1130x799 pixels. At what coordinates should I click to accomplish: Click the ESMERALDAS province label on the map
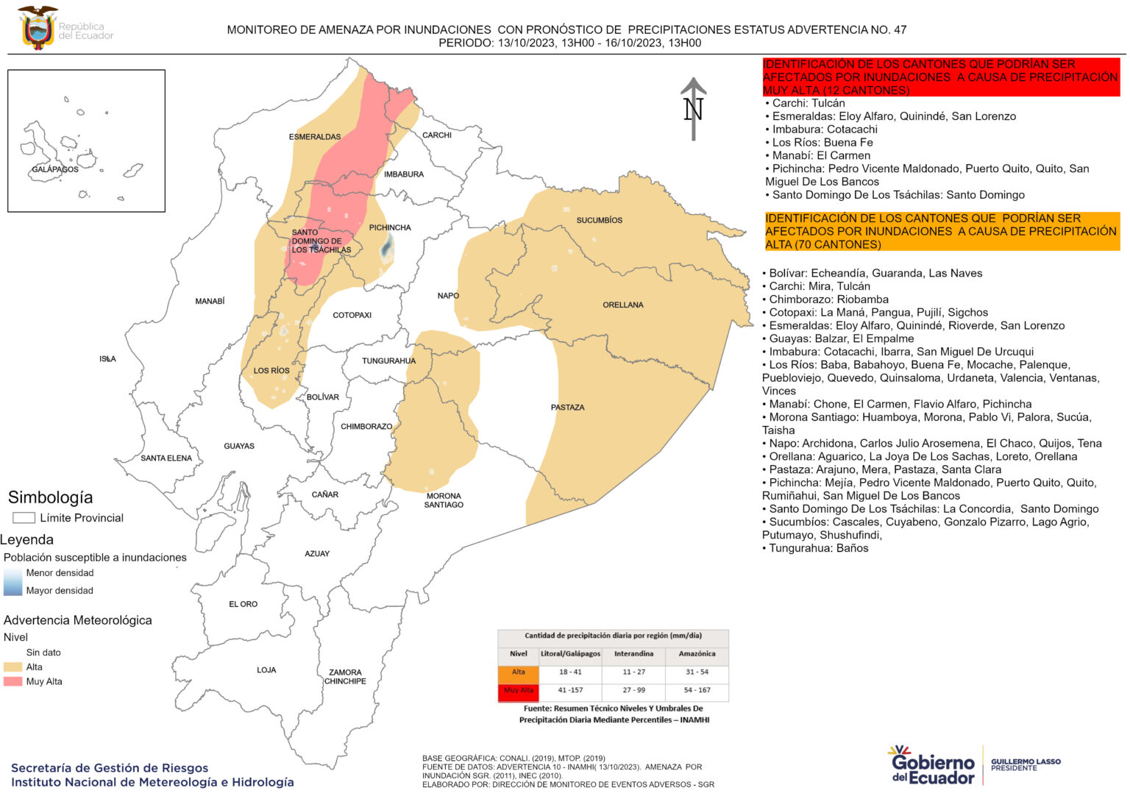pos(314,137)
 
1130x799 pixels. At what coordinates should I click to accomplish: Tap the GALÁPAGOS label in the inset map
pos(55,169)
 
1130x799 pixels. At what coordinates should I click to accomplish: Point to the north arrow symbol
pos(693,109)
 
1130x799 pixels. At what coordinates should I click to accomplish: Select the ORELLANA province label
pos(622,305)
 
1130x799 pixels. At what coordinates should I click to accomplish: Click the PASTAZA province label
pos(567,407)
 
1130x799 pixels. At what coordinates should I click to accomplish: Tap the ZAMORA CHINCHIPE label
pos(345,677)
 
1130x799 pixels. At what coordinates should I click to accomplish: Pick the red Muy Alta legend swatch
pos(13,682)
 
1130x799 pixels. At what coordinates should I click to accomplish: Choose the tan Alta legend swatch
pos(13,667)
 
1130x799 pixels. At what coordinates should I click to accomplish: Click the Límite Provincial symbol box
pos(24,518)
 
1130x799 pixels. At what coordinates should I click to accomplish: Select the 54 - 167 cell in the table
pos(697,690)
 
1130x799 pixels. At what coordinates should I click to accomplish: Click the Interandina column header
pos(633,653)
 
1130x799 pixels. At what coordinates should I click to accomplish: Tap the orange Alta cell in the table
pos(519,672)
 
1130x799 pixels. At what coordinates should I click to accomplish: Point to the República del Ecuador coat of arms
pos(37,28)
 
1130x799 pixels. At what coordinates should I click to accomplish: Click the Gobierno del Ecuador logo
pos(932,765)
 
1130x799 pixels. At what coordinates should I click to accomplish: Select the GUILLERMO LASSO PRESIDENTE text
pos(1026,765)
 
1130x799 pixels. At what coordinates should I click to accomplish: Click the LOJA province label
pos(266,670)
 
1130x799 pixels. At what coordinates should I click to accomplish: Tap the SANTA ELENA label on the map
pos(166,458)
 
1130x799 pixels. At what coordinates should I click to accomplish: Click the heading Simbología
pos(50,497)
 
